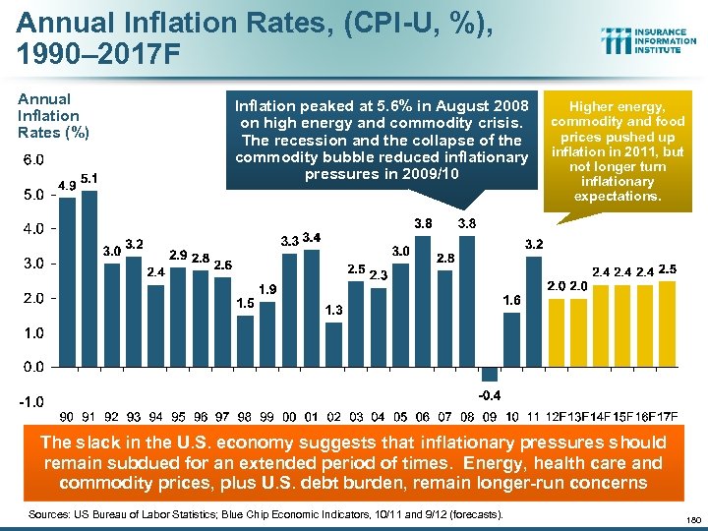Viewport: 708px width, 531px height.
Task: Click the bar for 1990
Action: (x=67, y=281)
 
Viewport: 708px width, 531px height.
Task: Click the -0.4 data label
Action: (x=489, y=395)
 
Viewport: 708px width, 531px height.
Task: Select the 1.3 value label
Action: (x=333, y=310)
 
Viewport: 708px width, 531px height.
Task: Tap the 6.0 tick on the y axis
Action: (x=33, y=159)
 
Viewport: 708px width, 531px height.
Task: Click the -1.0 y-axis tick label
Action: (x=31, y=402)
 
